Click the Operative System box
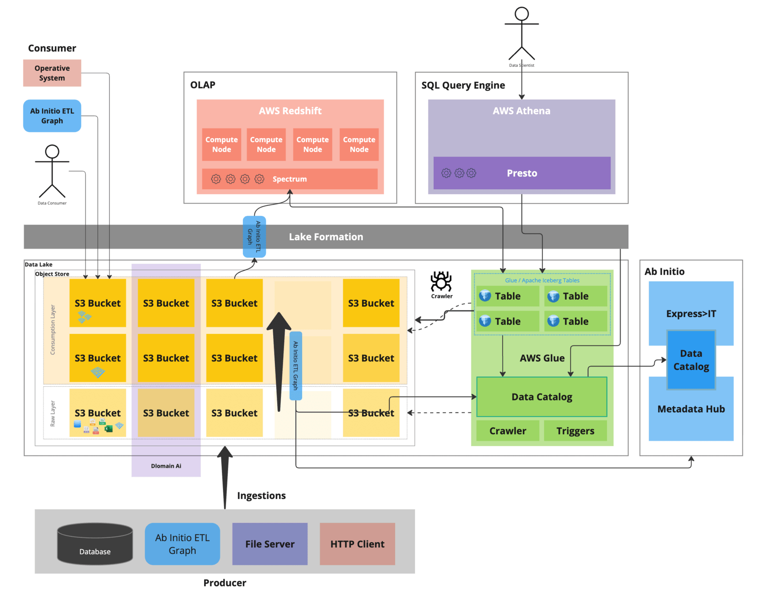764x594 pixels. (52, 73)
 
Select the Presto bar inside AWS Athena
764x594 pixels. (522, 173)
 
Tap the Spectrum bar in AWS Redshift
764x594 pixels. (289, 179)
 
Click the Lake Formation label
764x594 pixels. (326, 237)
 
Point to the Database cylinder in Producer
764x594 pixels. (95, 544)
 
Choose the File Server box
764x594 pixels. (270, 544)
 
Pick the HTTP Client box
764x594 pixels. (357, 544)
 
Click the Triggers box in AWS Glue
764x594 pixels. (575, 431)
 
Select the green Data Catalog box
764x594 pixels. (541, 397)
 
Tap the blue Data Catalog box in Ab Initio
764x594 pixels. (691, 360)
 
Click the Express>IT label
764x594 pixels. (691, 314)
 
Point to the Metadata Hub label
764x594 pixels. (691, 409)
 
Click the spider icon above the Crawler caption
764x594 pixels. (441, 282)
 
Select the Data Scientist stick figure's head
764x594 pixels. (522, 14)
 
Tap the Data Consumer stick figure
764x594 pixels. (52, 172)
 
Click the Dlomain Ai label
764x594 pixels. (166, 466)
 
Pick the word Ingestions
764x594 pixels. (261, 496)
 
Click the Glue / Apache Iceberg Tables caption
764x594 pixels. (542, 280)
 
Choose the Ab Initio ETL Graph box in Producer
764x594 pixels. (182, 544)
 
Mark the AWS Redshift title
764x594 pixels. (290, 111)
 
